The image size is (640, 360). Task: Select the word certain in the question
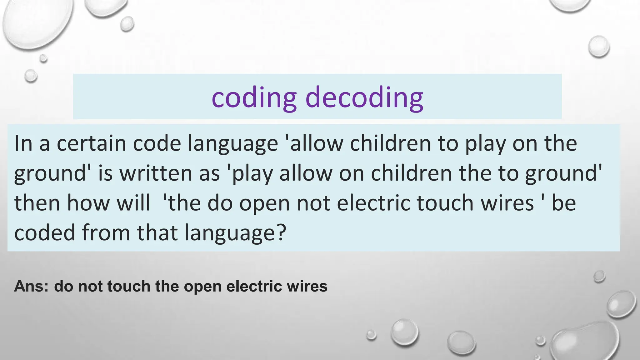click(91, 143)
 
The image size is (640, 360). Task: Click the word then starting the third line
click(37, 203)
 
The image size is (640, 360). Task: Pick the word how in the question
click(88, 203)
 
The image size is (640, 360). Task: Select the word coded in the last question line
click(45, 232)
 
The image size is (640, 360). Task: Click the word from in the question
click(106, 232)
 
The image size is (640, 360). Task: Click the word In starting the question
click(23, 143)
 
